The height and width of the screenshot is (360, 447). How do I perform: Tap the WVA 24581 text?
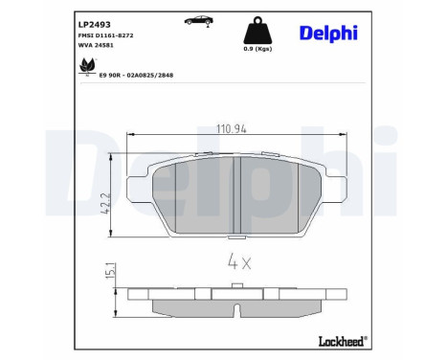pos(97,45)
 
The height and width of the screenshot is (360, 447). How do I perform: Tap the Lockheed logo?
pos(341,339)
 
